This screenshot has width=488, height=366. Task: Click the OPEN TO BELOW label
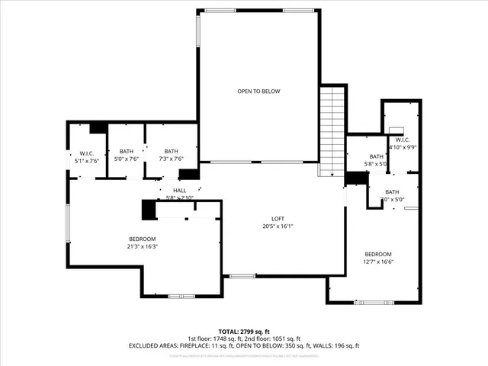258,91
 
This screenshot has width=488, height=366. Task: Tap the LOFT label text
278,218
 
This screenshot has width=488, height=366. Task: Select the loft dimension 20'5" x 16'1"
278,226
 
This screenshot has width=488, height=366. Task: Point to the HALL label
180,191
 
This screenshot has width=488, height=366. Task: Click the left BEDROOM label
142,239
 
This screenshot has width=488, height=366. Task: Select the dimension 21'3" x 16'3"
142,246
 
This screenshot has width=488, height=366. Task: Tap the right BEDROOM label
378,254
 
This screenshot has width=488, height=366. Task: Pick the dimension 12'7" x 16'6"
378,262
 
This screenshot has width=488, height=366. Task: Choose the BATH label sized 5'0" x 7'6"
126,151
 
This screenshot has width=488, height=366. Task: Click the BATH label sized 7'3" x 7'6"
171,151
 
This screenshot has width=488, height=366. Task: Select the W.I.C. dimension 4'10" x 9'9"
403,147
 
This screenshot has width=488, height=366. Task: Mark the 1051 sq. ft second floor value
287,339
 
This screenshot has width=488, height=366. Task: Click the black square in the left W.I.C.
98,128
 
